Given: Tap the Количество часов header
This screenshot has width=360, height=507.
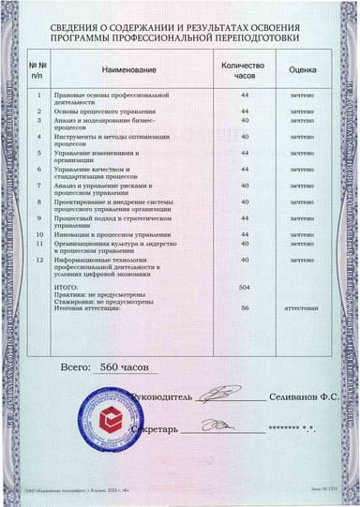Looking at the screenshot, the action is [244, 71].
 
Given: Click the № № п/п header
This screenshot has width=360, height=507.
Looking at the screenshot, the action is [37, 69].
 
